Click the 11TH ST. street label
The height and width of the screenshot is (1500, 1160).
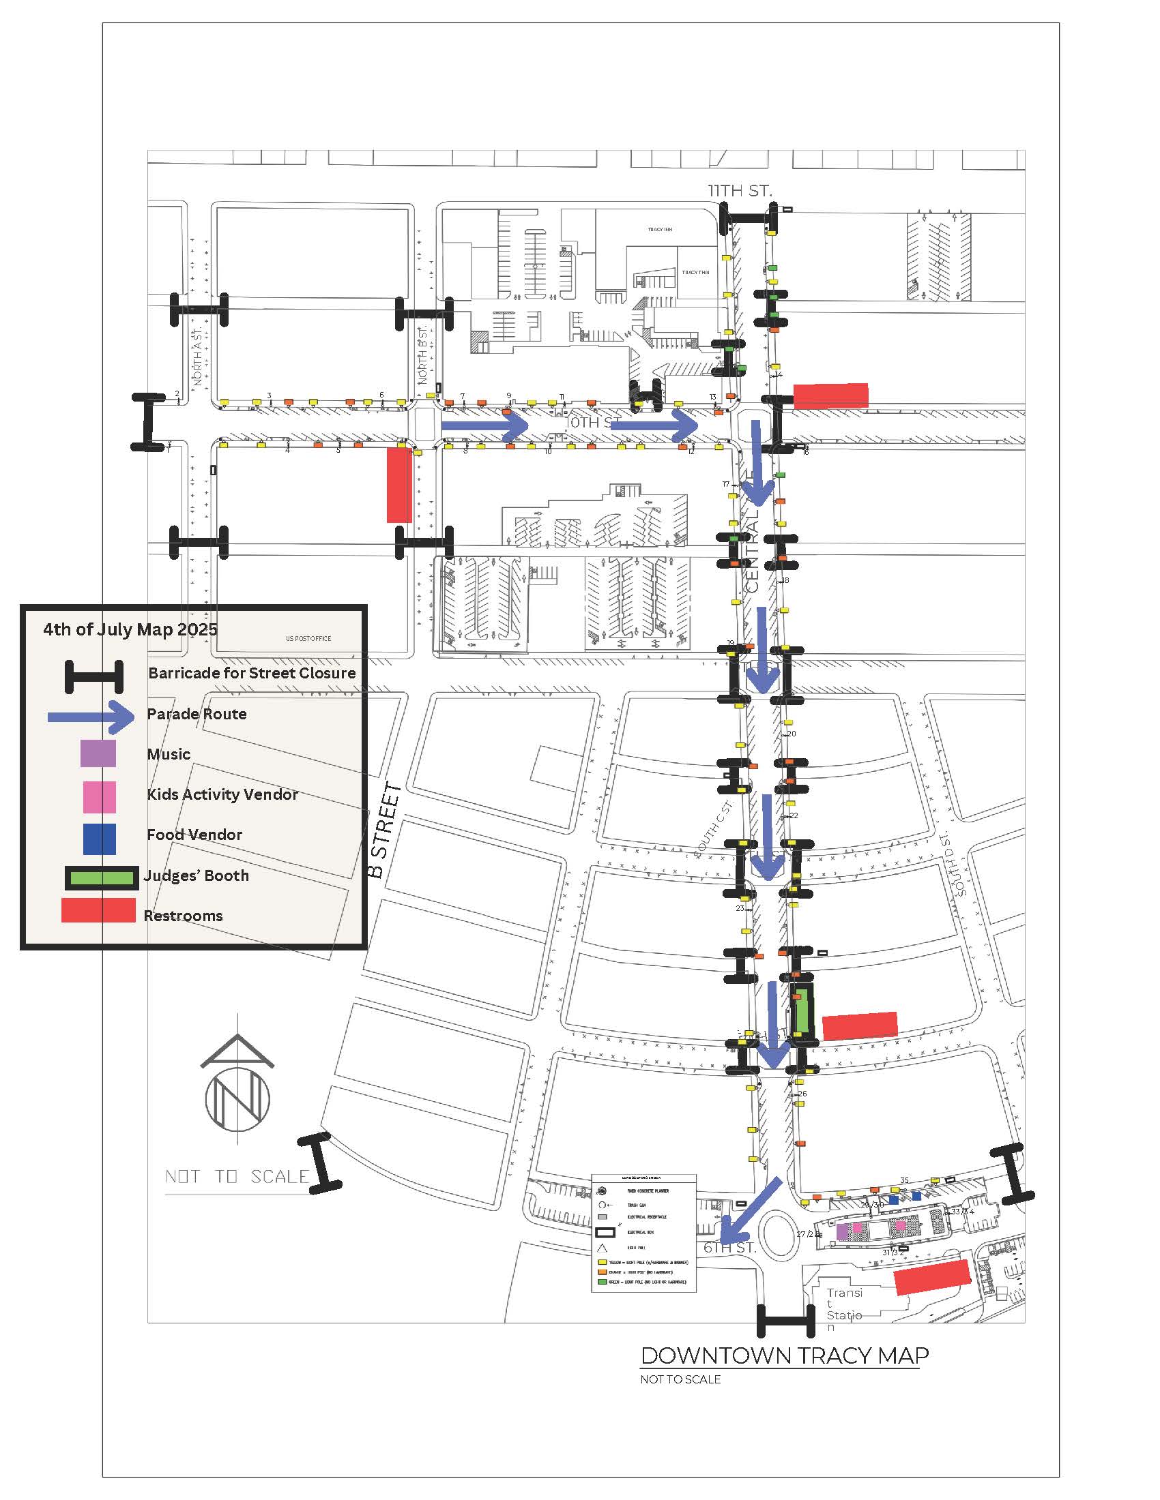(740, 190)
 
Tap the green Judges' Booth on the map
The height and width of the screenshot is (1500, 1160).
(800, 1014)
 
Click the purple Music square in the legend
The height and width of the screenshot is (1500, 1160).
(98, 753)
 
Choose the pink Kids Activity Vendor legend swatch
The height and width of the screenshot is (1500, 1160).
(100, 796)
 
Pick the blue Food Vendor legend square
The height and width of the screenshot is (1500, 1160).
(100, 839)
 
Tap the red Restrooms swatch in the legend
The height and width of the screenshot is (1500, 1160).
(98, 910)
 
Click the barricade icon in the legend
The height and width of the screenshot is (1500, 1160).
(94, 676)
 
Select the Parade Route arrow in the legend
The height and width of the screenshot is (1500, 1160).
(92, 717)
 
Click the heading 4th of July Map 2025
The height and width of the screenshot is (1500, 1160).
(130, 629)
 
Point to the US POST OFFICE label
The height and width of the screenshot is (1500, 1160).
(308, 638)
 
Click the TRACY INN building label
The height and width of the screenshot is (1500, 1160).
(660, 229)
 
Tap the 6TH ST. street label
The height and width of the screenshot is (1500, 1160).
(729, 1248)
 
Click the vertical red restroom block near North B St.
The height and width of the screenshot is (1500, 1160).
(399, 485)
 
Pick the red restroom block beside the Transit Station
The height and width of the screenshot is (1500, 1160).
(932, 1278)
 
